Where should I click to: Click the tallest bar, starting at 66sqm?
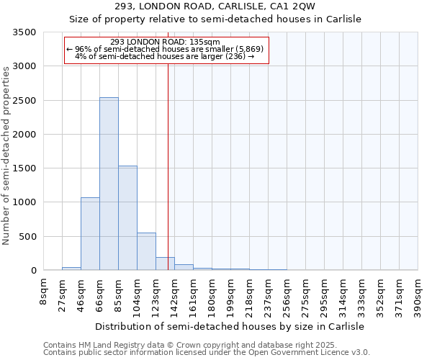[x=109, y=184]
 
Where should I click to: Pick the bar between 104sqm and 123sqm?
[x=146, y=251]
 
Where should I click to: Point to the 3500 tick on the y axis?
[x=25, y=32]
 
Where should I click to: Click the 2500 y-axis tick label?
[x=25, y=101]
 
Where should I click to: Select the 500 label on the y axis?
[x=28, y=237]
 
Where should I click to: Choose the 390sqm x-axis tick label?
[x=418, y=293]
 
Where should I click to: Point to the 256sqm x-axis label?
[x=287, y=293]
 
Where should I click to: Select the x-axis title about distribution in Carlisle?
[x=230, y=326]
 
